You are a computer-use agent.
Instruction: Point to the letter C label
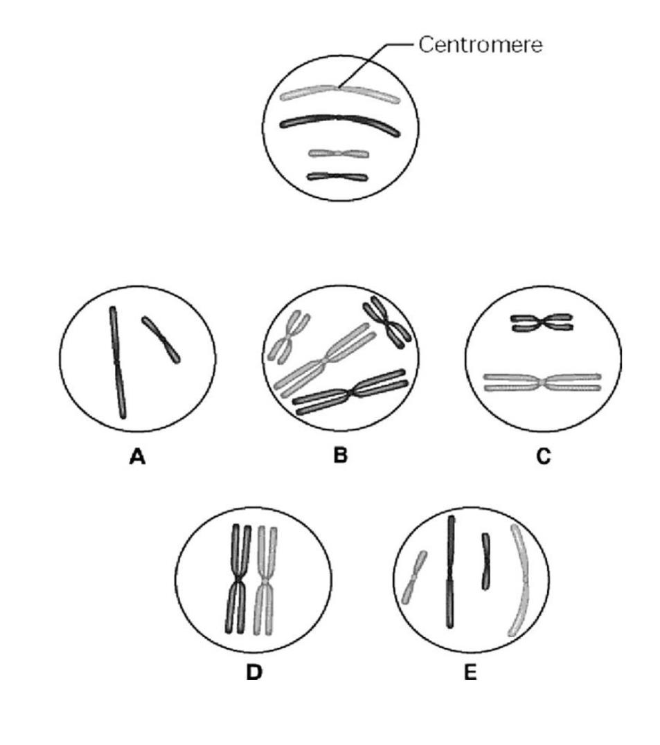pyautogui.click(x=544, y=457)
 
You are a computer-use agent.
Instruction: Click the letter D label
pyautogui.click(x=255, y=672)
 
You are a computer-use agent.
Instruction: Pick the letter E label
pyautogui.click(x=470, y=672)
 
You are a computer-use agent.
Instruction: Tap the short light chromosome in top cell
pyautogui.click(x=338, y=153)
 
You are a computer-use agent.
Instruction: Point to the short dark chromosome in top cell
pyautogui.click(x=337, y=176)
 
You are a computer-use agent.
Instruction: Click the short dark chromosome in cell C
pyautogui.click(x=542, y=322)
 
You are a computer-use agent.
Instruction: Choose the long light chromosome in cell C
pyautogui.click(x=542, y=382)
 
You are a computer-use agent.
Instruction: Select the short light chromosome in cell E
pyautogui.click(x=413, y=576)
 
